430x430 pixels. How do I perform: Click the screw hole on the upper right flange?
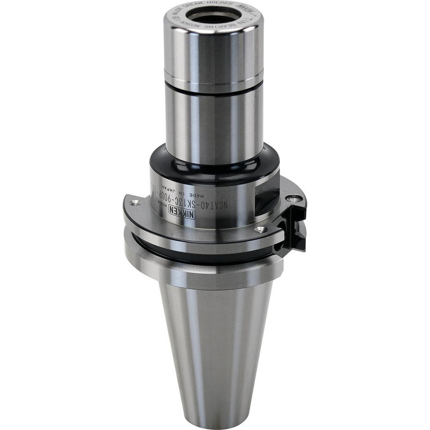coord(294,198)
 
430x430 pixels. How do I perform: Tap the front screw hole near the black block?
coord(260,229)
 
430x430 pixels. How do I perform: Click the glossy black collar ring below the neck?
coord(214,166)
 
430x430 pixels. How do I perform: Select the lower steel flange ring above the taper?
coord(202,271)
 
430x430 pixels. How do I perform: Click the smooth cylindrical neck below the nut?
coord(214,125)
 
